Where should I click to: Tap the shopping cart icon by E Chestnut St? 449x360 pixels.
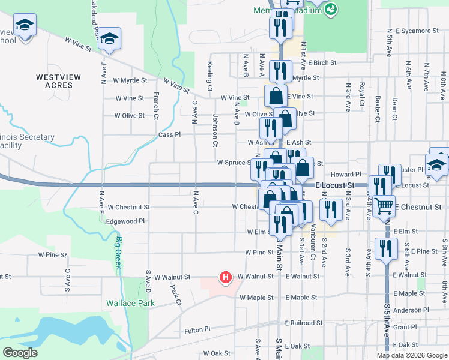click(384, 206)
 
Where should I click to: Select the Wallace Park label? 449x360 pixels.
click(130, 303)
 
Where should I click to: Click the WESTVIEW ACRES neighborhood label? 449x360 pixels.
click(54, 81)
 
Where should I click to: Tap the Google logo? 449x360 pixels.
click(20, 353)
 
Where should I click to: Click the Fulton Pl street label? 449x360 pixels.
click(197, 330)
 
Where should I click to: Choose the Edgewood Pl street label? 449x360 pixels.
click(125, 221)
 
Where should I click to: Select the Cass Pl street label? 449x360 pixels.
click(169, 135)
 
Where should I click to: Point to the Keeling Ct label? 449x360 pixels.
click(210, 74)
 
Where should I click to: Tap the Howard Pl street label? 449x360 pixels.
click(348, 174)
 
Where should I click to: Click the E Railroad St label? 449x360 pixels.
click(306, 323)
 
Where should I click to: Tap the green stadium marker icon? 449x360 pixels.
click(331, 9)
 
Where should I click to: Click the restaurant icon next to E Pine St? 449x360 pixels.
click(385, 248)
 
